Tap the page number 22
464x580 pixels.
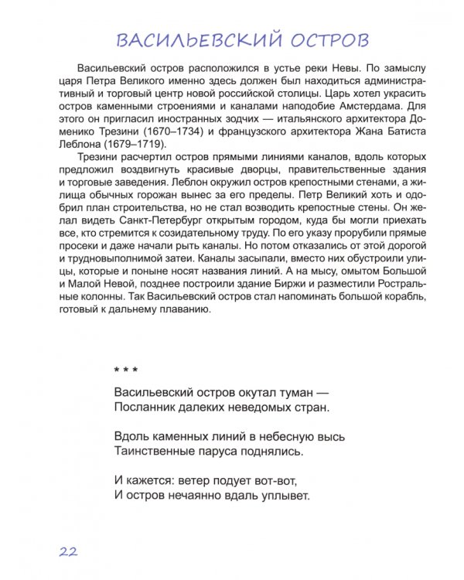(67, 551)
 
